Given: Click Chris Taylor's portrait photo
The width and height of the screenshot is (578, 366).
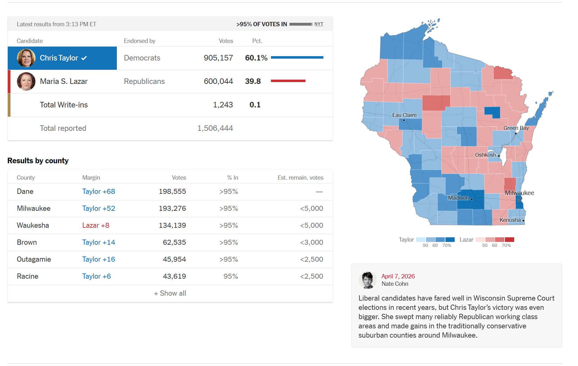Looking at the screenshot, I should pos(26,58).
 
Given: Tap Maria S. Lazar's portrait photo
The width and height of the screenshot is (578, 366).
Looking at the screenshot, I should pos(26,81).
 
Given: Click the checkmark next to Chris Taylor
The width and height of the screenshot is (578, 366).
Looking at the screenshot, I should pos(84,58).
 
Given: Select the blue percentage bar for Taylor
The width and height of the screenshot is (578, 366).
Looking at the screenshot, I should pos(297,57).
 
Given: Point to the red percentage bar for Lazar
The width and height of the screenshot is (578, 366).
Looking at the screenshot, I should pos(288,81).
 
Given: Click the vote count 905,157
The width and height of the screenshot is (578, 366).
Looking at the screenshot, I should pos(218,58).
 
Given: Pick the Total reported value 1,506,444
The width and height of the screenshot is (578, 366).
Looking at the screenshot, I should pos(215,128).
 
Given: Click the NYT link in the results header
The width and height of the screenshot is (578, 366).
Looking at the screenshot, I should pos(319,24).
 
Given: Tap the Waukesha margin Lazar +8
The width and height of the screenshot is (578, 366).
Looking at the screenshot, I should pos(96,226).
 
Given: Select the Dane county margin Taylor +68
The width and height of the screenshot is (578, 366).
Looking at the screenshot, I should pos(99,192).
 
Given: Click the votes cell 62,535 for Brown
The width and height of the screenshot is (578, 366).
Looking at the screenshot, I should pos(174,243).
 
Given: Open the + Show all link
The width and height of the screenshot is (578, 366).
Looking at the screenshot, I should pos(170,293).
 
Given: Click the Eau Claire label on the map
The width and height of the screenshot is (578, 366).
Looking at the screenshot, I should pos(404,115).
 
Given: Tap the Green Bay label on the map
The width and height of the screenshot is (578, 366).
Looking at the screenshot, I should pos(516,128).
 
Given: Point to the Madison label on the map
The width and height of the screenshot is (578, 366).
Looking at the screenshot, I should pos(458,198).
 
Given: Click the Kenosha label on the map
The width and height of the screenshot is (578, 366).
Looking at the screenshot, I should pos(510,220).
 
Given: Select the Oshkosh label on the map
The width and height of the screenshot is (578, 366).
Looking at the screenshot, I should pos(486,155).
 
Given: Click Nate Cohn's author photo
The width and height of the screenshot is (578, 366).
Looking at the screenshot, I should pos(367,280).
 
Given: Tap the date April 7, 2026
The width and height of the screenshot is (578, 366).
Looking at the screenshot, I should pos(398,277).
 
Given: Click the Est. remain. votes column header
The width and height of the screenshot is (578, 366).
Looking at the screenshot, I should pos(300,178).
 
